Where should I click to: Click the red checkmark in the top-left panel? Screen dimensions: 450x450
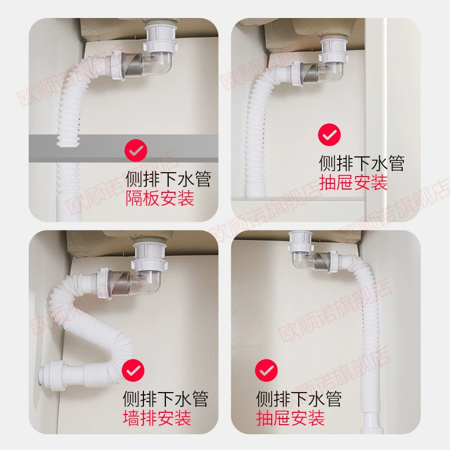tap(136, 150)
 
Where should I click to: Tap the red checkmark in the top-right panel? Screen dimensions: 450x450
tap(330, 134)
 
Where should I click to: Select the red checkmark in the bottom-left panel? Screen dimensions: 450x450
tap(133, 370)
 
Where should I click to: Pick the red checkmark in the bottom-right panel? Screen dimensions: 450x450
tap(266, 370)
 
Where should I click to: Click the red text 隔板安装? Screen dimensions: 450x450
tap(160, 198)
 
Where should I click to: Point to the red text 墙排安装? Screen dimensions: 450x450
tap(157, 418)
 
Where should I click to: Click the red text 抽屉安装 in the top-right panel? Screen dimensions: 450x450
tap(353, 182)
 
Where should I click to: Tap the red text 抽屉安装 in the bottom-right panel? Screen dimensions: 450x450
tap(290, 418)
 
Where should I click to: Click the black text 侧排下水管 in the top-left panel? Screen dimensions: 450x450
tap(168, 179)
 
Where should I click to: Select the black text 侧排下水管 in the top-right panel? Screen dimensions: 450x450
tap(362, 163)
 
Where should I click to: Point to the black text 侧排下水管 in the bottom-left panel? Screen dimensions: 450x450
tap(165, 399)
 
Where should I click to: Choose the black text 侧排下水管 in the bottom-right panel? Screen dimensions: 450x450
tap(299, 399)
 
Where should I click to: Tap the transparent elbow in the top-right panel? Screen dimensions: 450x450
tap(325, 73)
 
